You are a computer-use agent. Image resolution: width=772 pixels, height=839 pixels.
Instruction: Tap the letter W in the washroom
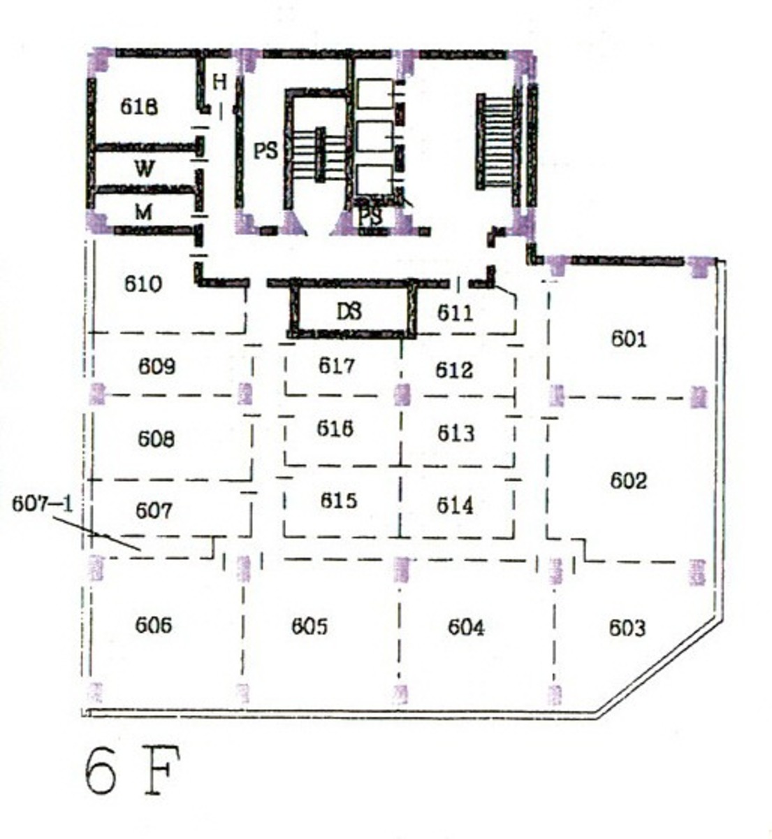point(144,168)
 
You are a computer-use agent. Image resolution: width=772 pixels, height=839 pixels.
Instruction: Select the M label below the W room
point(143,213)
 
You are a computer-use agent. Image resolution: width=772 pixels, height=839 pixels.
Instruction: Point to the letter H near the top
point(220,82)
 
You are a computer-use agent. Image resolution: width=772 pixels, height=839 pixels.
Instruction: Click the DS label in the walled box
point(349,312)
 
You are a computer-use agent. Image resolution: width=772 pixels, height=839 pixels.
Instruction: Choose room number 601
point(629,338)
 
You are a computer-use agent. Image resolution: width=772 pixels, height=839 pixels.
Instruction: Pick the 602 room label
point(628,480)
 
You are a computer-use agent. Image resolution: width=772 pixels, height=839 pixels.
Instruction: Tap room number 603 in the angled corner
point(627,628)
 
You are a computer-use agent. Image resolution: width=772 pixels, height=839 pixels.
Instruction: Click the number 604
point(466,627)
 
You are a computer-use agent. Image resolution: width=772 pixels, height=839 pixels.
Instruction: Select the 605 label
point(309,626)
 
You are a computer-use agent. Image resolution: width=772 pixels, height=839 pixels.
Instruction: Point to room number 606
point(154,625)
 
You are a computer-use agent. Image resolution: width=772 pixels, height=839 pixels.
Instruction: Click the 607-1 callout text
point(42,504)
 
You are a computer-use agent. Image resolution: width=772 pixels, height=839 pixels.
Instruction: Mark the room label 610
point(143,285)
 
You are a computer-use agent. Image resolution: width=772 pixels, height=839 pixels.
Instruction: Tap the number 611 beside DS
point(455,313)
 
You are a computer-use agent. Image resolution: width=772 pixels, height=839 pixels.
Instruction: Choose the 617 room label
point(337,366)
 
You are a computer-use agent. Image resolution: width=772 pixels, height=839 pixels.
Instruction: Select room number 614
point(456,505)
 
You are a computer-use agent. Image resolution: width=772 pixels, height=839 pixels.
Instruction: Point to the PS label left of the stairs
point(265,151)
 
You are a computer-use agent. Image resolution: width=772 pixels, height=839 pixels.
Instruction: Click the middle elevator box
point(375,136)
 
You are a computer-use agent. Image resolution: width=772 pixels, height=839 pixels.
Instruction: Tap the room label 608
point(156,439)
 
